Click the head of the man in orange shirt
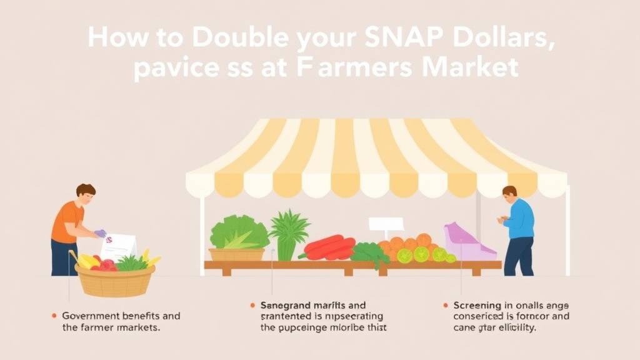(x=86, y=193)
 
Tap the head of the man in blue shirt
(x=510, y=194)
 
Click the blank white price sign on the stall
(x=386, y=224)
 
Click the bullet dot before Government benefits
(x=55, y=316)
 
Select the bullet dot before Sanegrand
(x=252, y=306)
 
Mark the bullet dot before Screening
(x=445, y=306)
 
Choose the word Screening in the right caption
(x=478, y=306)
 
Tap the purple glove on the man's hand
(x=100, y=233)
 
